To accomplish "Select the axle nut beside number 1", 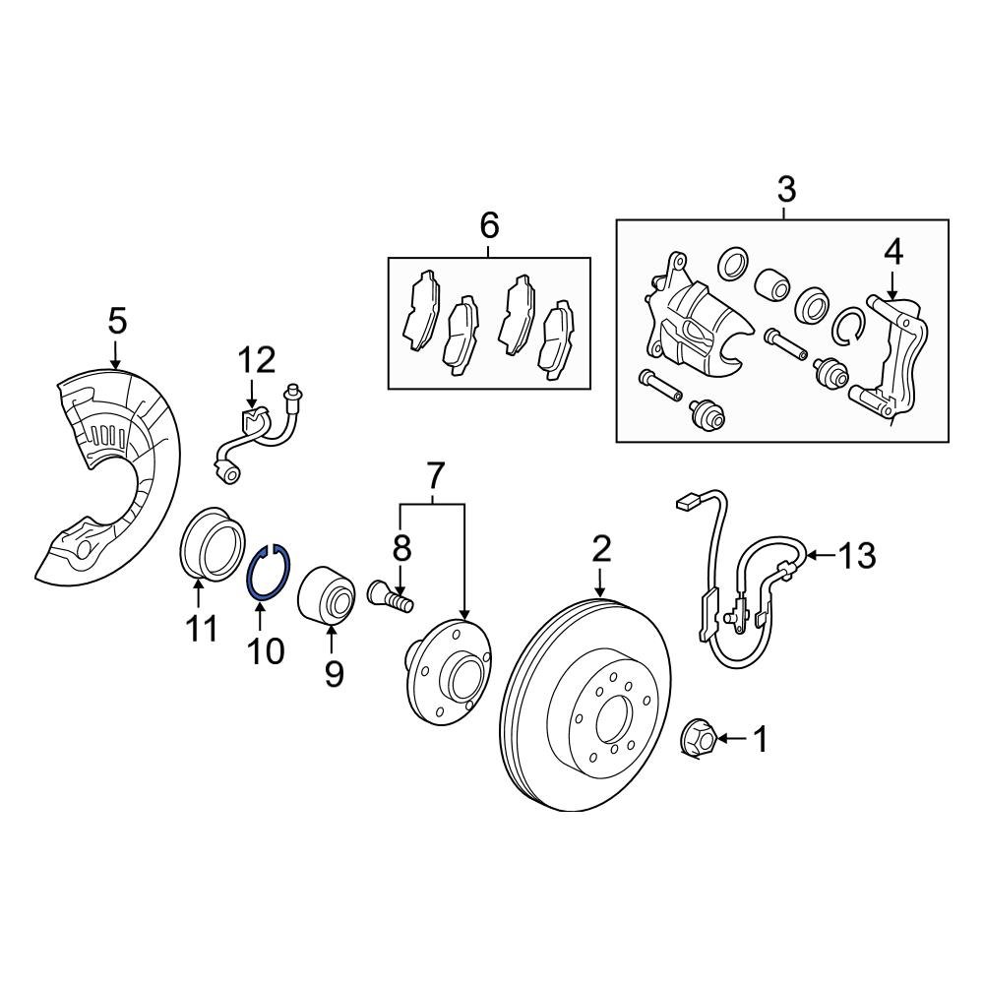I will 698,739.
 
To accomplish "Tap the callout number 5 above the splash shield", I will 116,321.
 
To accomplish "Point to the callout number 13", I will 856,556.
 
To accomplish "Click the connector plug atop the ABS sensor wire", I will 687,504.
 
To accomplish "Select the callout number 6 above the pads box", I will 489,226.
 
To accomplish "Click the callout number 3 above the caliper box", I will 786,187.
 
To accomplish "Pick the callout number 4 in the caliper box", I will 892,254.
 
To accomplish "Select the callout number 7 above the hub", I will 432,476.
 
